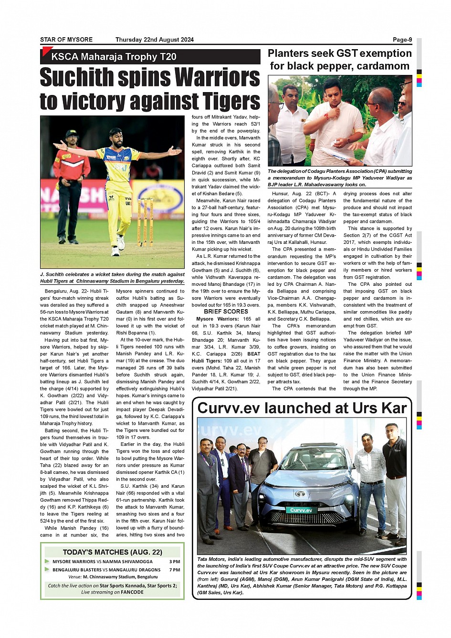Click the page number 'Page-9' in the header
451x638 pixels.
click(402, 40)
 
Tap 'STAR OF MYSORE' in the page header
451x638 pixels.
click(66, 40)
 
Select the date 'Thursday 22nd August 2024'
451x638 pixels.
click(154, 40)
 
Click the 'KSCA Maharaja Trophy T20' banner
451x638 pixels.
click(114, 57)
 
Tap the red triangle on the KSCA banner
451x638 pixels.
click(46, 51)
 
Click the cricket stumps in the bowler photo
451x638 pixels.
click(145, 222)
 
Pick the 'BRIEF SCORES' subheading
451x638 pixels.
click(226, 312)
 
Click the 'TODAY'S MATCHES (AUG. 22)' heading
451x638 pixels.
click(112, 552)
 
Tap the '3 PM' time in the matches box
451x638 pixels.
click(175, 562)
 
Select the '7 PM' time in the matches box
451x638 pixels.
click(175, 570)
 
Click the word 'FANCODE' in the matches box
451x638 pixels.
click(132, 592)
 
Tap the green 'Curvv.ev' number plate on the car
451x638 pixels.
click(301, 510)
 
